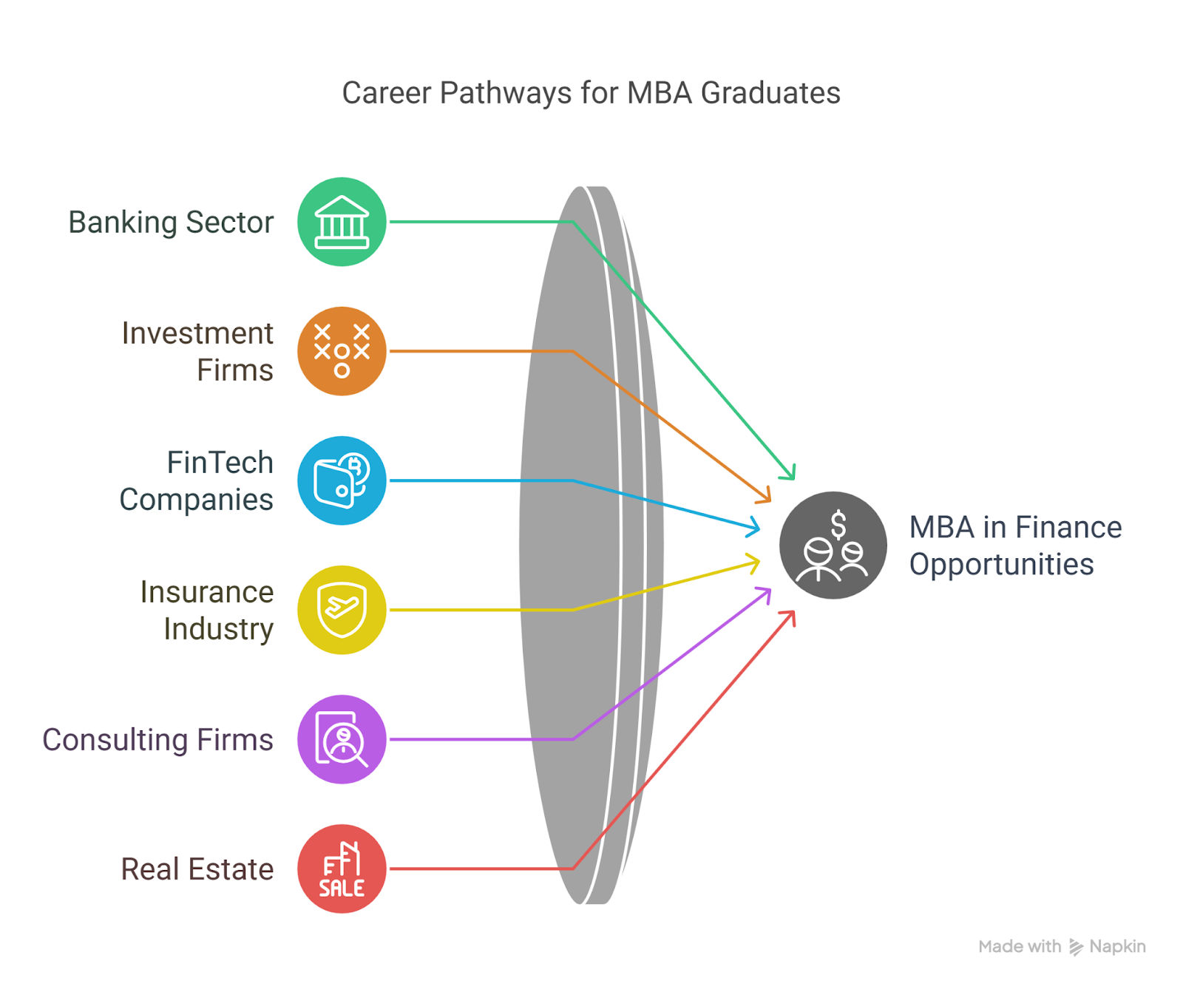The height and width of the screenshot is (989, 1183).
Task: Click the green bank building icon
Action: pos(342,222)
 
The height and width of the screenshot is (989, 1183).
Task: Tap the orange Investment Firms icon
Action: pos(342,351)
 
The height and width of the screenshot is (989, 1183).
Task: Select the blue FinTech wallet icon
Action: pos(342,480)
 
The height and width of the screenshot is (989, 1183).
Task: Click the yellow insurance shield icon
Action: pos(342,610)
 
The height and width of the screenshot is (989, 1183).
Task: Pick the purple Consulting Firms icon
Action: pos(342,739)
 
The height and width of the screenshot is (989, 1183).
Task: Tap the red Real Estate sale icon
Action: pos(342,869)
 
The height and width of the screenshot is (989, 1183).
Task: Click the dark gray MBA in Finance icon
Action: pos(833,546)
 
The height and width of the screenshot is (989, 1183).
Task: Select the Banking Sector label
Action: pos(171,222)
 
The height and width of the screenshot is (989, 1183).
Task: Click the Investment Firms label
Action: pos(197,352)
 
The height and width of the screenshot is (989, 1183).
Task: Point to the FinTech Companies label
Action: pos(197,481)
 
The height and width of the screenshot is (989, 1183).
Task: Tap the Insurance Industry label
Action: pos(207,611)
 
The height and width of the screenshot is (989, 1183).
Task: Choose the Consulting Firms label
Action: pos(157,740)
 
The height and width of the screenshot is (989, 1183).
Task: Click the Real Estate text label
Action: pos(197,869)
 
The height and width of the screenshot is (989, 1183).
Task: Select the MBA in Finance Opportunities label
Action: pos(1015,546)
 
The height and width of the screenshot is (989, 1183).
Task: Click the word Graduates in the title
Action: pos(770,93)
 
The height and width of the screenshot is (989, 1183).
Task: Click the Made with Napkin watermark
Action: pos(1062,947)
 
